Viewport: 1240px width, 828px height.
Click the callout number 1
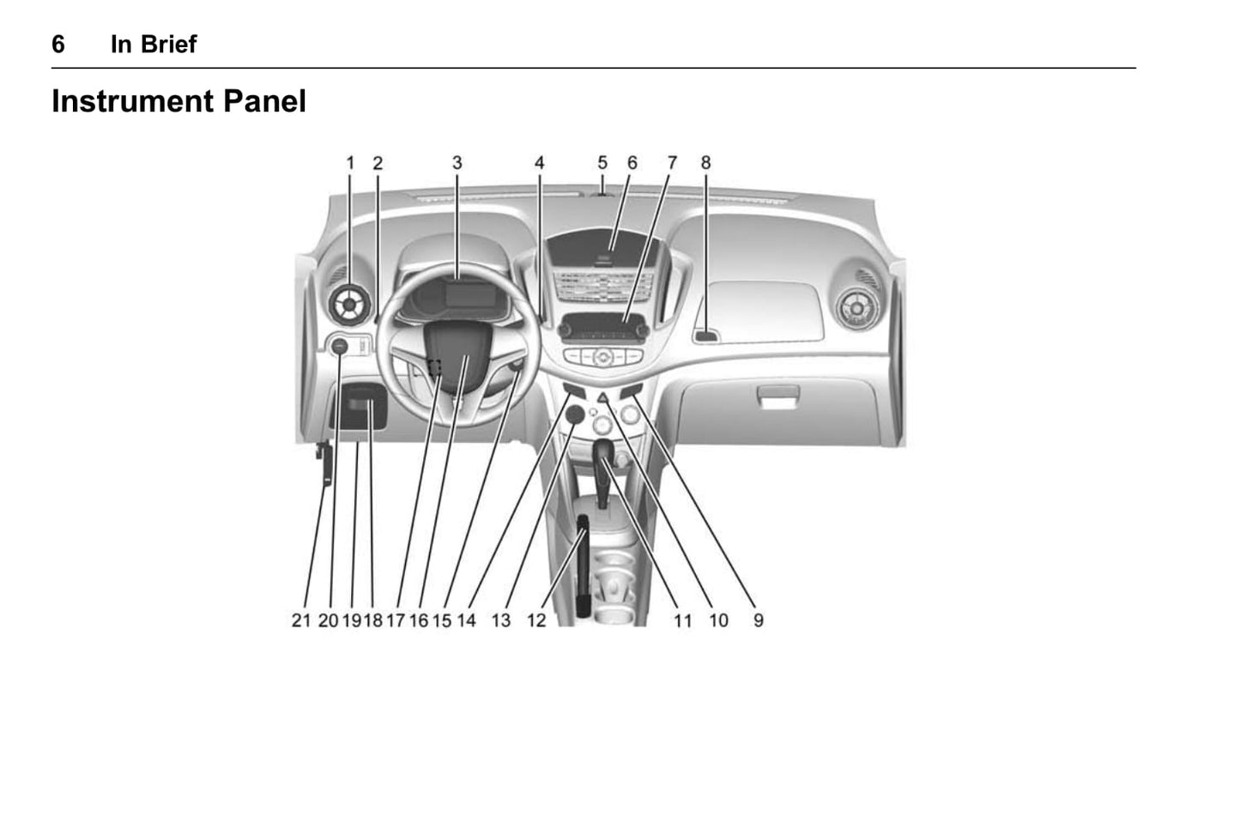[x=350, y=163]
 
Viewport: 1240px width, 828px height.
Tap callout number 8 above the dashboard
[x=705, y=163]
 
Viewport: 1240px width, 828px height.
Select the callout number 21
[x=301, y=620]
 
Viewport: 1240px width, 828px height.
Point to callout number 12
[x=535, y=620]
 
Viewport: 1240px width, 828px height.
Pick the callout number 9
[x=759, y=620]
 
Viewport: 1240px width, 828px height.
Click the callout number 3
[x=457, y=163]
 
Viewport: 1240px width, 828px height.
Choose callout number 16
[x=419, y=620]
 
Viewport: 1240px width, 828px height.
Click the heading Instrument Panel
[x=178, y=101]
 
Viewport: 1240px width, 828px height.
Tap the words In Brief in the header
[x=154, y=45]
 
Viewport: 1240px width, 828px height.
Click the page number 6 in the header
[x=58, y=45]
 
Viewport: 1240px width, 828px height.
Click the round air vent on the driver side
[x=349, y=305]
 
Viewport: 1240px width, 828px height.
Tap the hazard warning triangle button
[x=603, y=397]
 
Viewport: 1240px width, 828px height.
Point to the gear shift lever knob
[x=603, y=453]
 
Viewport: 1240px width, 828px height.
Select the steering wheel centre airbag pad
[x=458, y=359]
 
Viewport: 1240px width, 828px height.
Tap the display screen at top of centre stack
[x=602, y=247]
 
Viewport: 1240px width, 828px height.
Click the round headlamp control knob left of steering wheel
[x=339, y=347]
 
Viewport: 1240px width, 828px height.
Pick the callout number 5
[x=602, y=163]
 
